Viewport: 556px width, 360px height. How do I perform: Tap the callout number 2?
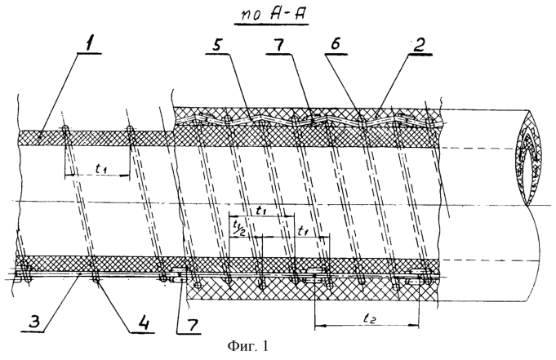419,46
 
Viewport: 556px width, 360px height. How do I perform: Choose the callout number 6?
336,45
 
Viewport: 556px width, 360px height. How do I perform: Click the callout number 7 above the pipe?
279,46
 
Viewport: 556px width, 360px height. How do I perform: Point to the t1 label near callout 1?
101,168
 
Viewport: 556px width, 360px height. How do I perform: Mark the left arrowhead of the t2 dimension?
318,325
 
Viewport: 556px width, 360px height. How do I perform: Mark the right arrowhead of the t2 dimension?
415,325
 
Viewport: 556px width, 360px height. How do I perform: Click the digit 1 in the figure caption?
265,345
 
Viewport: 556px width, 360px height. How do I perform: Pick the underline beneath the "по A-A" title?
271,24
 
